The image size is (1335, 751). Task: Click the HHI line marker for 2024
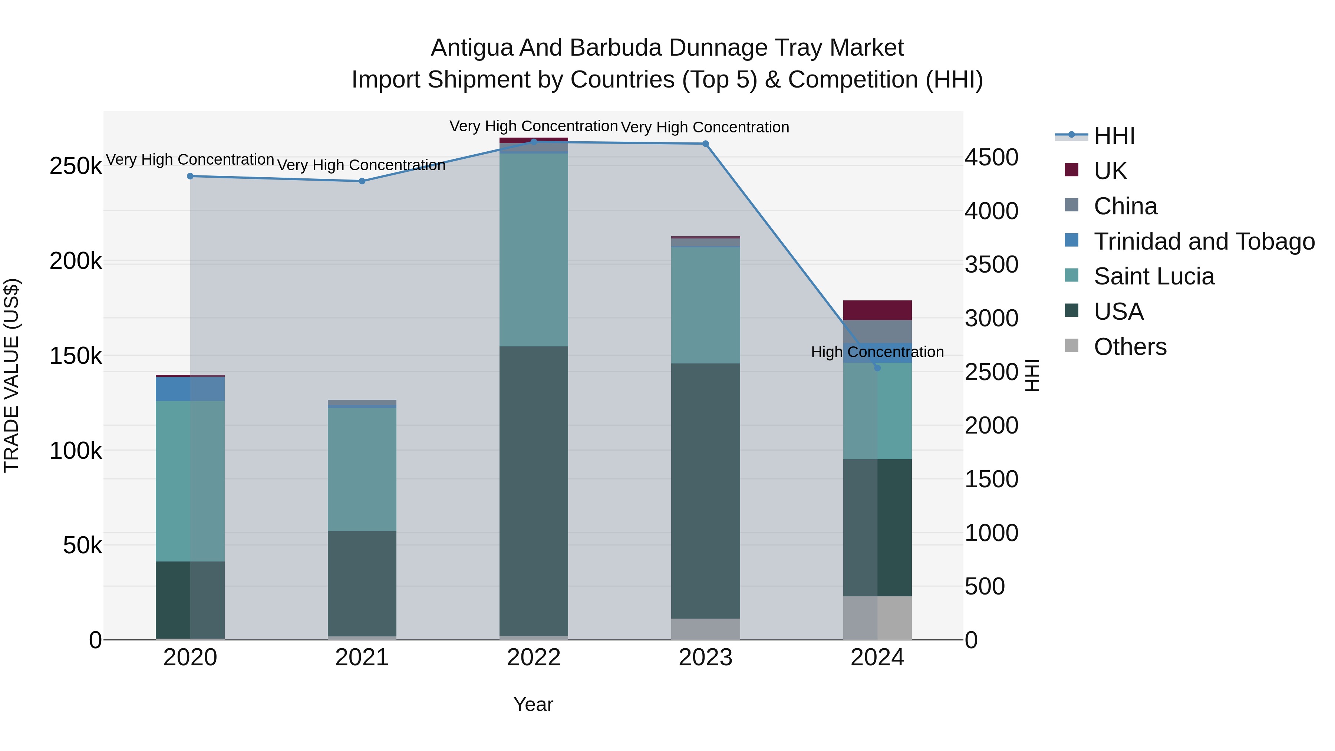click(877, 368)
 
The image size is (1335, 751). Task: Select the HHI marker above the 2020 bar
click(190, 176)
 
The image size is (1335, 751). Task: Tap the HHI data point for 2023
click(705, 144)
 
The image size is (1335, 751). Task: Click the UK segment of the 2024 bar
click(877, 310)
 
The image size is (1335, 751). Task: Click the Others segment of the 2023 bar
click(705, 628)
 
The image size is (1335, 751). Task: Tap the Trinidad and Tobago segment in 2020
click(190, 389)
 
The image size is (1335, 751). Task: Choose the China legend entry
click(1125, 206)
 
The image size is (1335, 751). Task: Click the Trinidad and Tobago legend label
click(1204, 241)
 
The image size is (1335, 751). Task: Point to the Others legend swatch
click(1071, 346)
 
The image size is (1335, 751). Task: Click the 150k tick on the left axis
click(76, 356)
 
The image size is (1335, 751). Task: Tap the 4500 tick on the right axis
click(991, 158)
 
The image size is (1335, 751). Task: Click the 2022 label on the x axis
click(533, 658)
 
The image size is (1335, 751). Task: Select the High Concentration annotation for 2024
click(877, 352)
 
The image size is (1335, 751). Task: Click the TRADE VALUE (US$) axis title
click(11, 375)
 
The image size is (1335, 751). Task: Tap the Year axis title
click(533, 704)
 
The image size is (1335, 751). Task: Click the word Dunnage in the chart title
click(712, 48)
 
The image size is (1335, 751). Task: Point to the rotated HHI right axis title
click(1032, 375)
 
